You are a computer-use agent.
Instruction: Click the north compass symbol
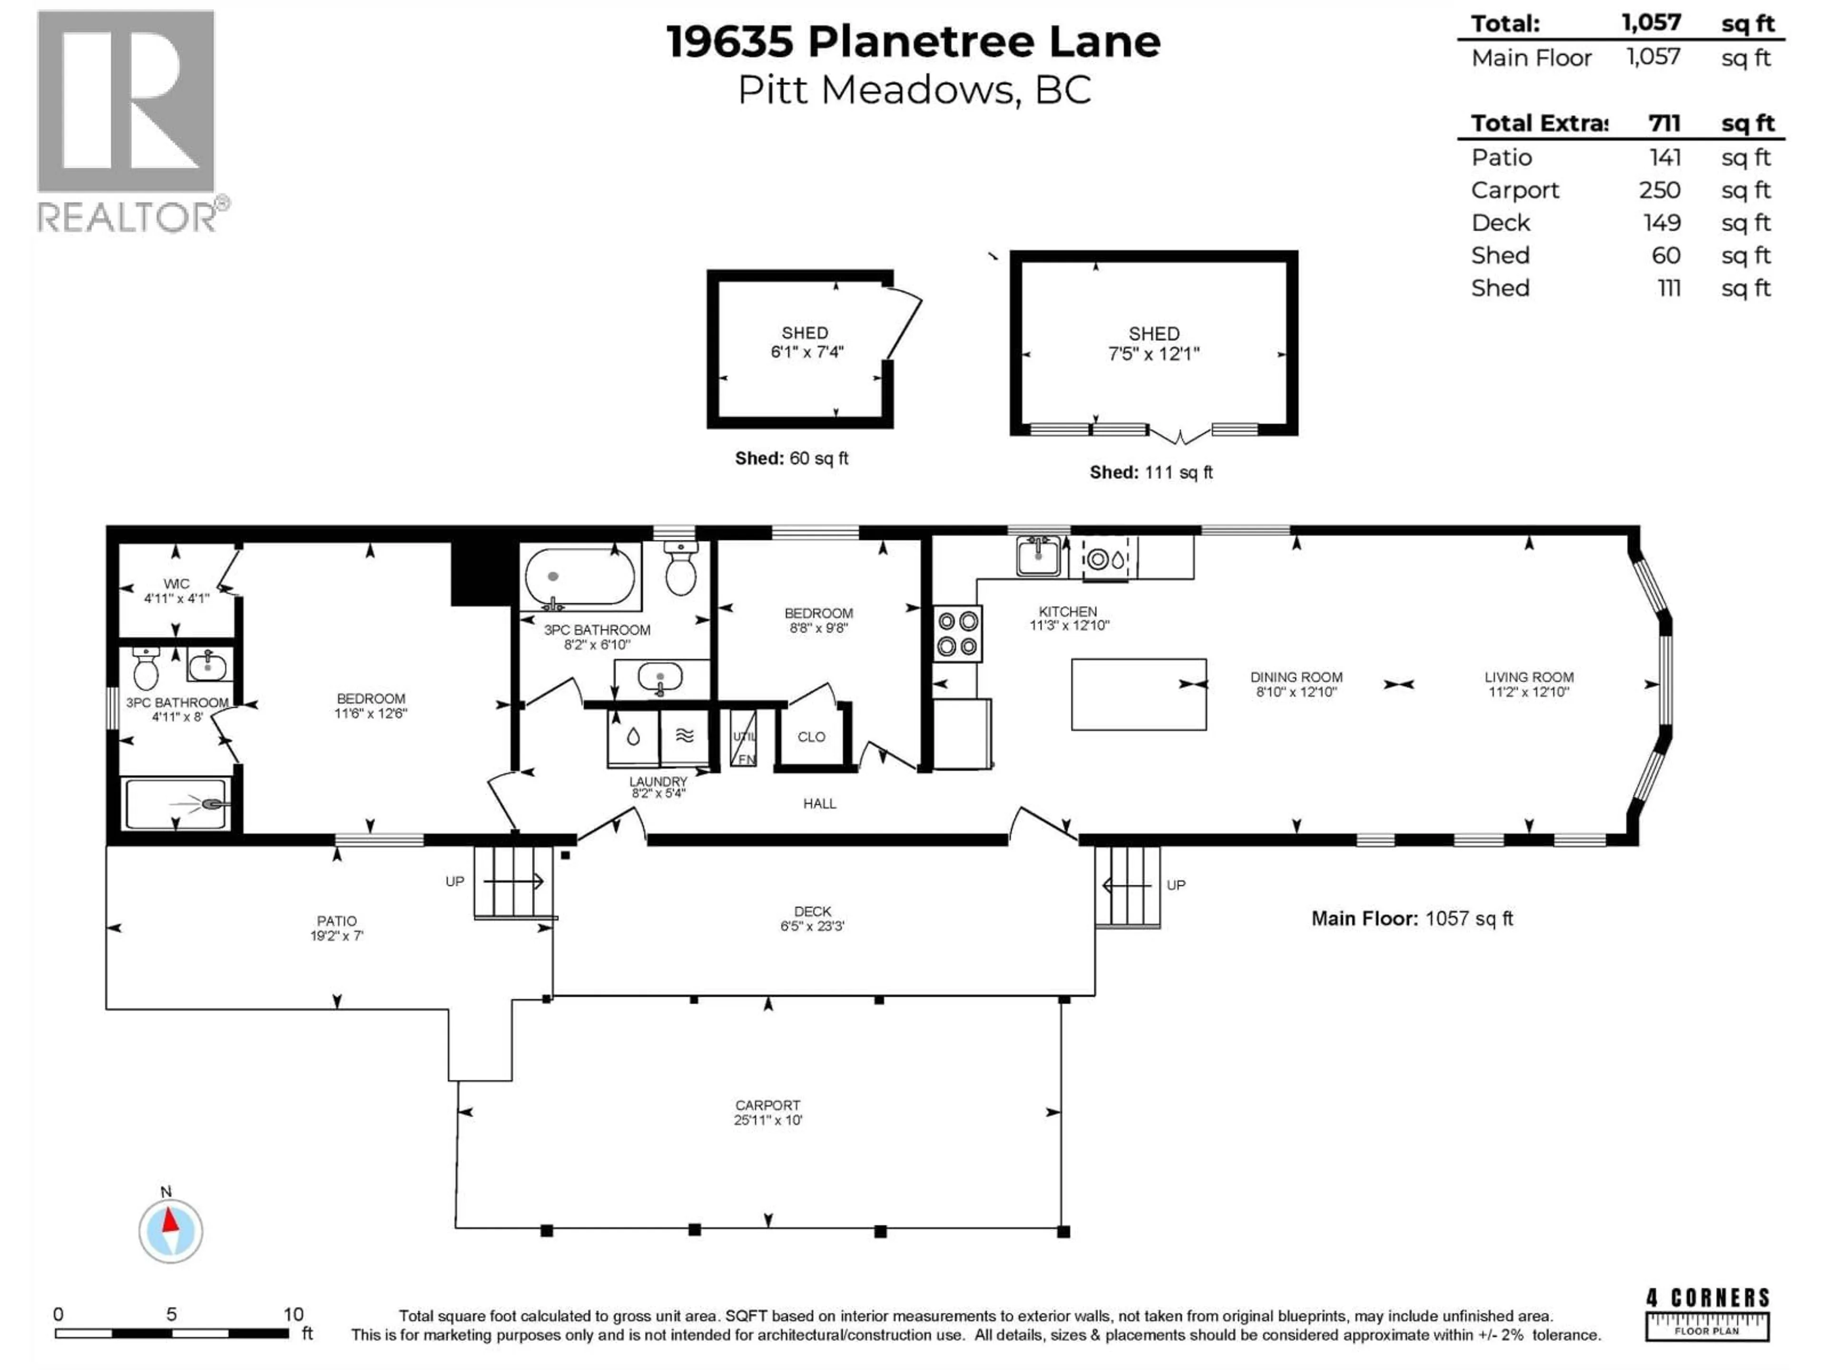(x=170, y=1231)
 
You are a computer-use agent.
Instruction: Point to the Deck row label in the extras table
(x=1500, y=223)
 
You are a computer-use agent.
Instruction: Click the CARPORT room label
(x=767, y=1105)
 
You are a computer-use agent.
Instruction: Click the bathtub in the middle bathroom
(x=580, y=577)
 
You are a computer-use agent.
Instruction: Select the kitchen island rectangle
(x=1138, y=694)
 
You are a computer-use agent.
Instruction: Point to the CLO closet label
(x=811, y=736)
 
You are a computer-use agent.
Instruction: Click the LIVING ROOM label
(x=1528, y=677)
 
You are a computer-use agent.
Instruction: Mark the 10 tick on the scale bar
(x=293, y=1314)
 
